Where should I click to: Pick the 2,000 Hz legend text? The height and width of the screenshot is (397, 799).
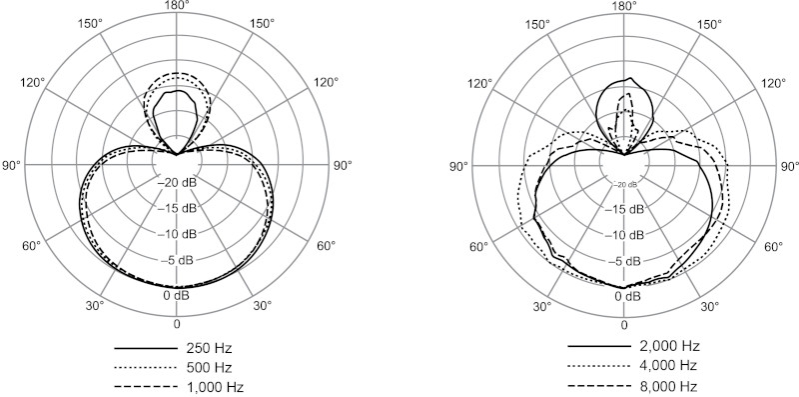pos(669,346)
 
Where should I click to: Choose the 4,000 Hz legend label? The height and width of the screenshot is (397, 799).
pos(668,366)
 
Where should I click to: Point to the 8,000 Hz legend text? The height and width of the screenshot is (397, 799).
pos(668,386)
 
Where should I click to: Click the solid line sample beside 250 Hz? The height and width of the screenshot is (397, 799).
pos(145,349)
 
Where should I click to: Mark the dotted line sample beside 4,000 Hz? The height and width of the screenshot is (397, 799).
pos(599,366)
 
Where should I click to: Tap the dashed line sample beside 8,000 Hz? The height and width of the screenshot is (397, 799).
pos(599,386)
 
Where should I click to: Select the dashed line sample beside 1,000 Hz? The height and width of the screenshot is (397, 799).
pos(145,387)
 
